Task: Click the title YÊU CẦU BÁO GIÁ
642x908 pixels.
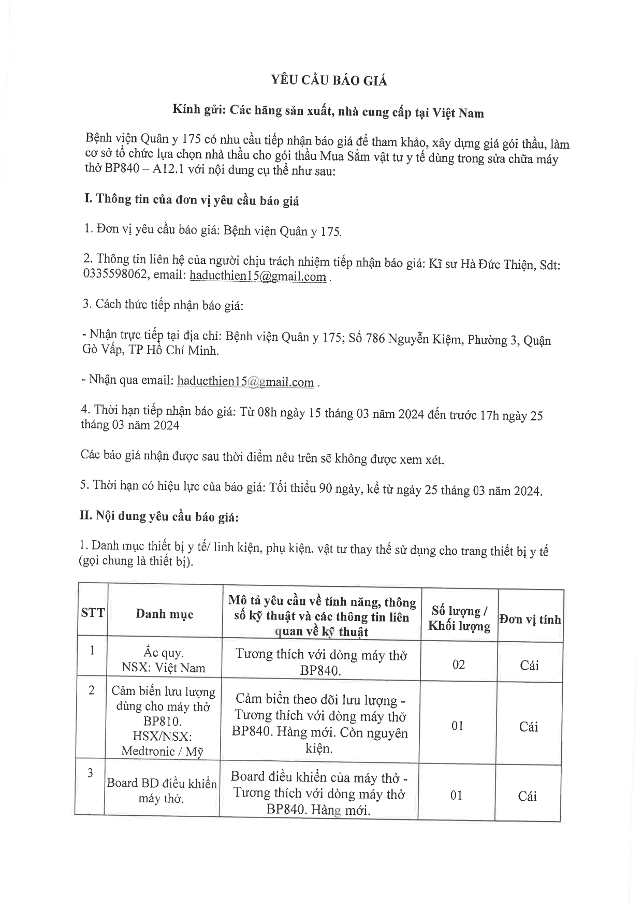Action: pyautogui.click(x=330, y=80)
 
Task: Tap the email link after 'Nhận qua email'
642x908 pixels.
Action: pyautogui.click(x=245, y=382)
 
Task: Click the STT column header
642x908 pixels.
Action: pyautogui.click(x=93, y=613)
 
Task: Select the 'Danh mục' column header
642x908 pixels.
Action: pyautogui.click(x=165, y=614)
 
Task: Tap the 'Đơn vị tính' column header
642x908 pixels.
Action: pyautogui.click(x=530, y=619)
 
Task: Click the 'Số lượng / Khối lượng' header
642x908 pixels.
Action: pyautogui.click(x=459, y=618)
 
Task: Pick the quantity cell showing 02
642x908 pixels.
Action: pyautogui.click(x=459, y=664)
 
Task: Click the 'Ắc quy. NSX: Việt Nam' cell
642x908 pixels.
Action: pyautogui.click(x=164, y=660)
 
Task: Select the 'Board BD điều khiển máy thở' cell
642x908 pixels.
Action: pyautogui.click(x=162, y=790)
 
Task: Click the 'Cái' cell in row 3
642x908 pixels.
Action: pyautogui.click(x=527, y=796)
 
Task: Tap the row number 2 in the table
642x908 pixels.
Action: pyautogui.click(x=92, y=690)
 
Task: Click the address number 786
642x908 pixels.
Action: pyautogui.click(x=375, y=339)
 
